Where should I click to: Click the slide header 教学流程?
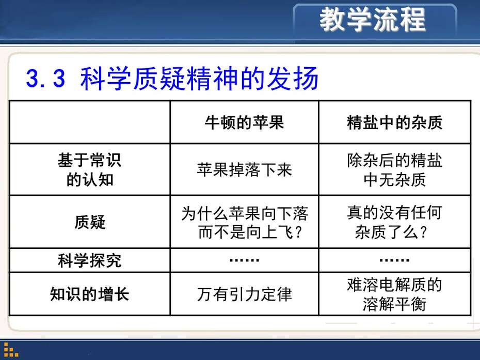[x=373, y=20]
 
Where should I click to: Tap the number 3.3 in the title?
[x=46, y=79]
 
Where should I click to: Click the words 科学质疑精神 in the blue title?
[x=159, y=79]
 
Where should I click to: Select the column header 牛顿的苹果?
[x=244, y=122]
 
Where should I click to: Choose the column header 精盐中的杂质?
[x=395, y=122]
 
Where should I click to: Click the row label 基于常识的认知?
[x=90, y=169]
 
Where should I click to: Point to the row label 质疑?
[x=90, y=222]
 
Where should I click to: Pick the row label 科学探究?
[x=90, y=261]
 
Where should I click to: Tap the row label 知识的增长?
[x=90, y=294]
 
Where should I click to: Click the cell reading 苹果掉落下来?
[x=244, y=170]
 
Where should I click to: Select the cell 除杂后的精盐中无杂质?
[x=395, y=169]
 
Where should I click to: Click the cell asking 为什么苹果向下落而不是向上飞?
[x=244, y=222]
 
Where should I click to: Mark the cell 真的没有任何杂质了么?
[x=395, y=222]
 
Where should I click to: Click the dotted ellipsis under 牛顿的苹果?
[x=244, y=260]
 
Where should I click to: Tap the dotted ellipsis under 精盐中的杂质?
[x=395, y=260]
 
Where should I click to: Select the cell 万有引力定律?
[x=244, y=294]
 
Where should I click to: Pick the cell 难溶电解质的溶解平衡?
[x=395, y=294]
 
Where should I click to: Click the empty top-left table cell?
[x=90, y=122]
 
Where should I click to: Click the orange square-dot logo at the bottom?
[x=11, y=350]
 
